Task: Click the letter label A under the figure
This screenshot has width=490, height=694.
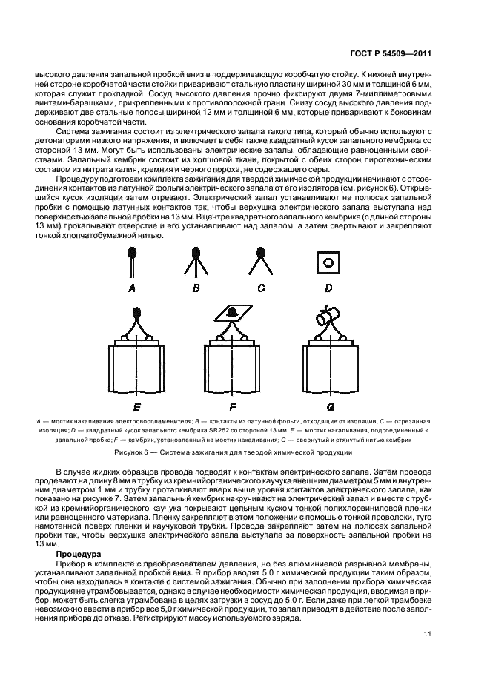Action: click(x=132, y=288)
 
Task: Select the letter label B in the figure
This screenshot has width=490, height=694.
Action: click(x=196, y=288)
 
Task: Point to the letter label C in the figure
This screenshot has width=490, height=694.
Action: click(x=260, y=288)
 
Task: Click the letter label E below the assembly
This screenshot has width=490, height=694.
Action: click(x=137, y=406)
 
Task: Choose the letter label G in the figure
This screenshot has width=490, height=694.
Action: click(x=331, y=406)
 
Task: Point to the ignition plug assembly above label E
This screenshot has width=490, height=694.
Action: click(x=137, y=356)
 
